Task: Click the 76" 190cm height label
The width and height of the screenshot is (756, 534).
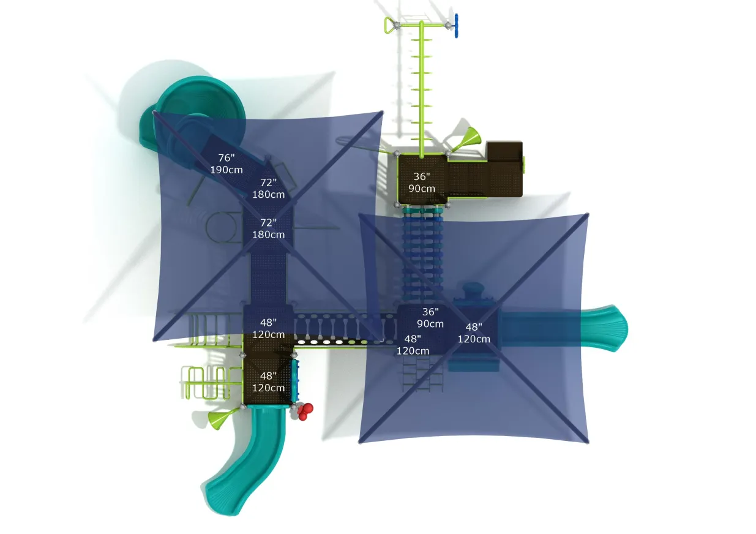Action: [x=226, y=164]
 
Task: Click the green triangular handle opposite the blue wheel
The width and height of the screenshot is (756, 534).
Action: [x=389, y=25]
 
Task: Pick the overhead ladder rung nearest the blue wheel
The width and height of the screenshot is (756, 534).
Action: [x=422, y=40]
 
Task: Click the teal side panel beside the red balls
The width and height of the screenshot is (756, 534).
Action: [x=296, y=380]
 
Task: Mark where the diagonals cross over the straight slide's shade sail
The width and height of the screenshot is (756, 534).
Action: [x=473, y=328]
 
